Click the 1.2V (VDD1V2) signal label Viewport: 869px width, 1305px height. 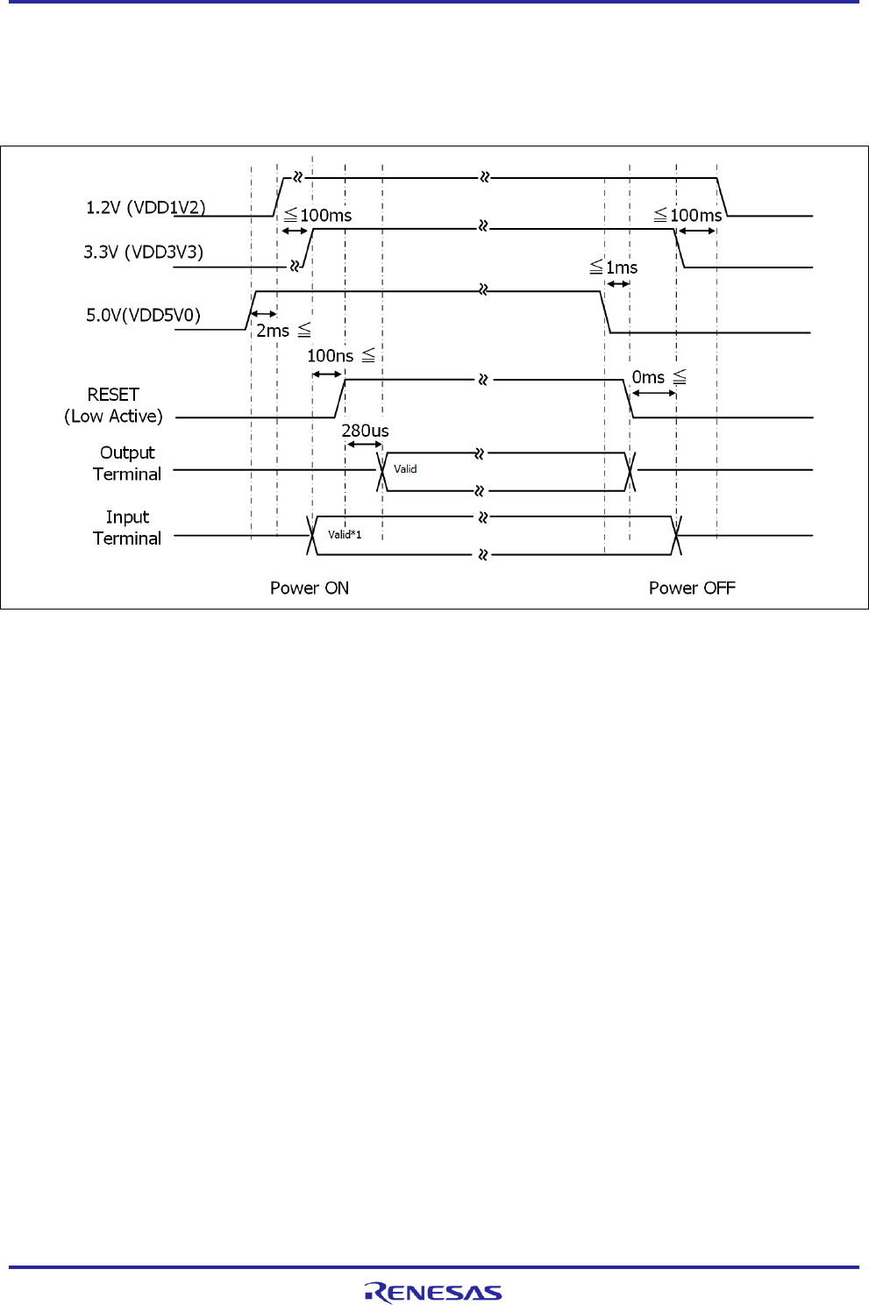[146, 208]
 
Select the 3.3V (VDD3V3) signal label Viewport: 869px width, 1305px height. [143, 253]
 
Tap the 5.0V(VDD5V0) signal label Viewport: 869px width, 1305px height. [143, 315]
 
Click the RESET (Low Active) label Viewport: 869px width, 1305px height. [113, 405]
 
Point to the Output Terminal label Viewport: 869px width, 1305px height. [127, 463]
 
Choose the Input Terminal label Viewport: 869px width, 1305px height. [127, 528]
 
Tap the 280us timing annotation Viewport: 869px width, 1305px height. [365, 431]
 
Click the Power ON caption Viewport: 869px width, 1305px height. [310, 588]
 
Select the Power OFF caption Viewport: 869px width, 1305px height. [692, 588]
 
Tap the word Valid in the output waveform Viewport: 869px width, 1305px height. [405, 469]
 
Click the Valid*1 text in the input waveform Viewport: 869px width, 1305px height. [345, 534]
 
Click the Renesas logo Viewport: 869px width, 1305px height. [433, 1292]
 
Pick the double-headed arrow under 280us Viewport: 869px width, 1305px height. [364, 445]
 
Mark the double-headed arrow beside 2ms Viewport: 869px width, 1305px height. [264, 314]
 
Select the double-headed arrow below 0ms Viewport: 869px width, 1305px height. [653, 393]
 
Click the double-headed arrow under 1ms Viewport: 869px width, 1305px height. [618, 284]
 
